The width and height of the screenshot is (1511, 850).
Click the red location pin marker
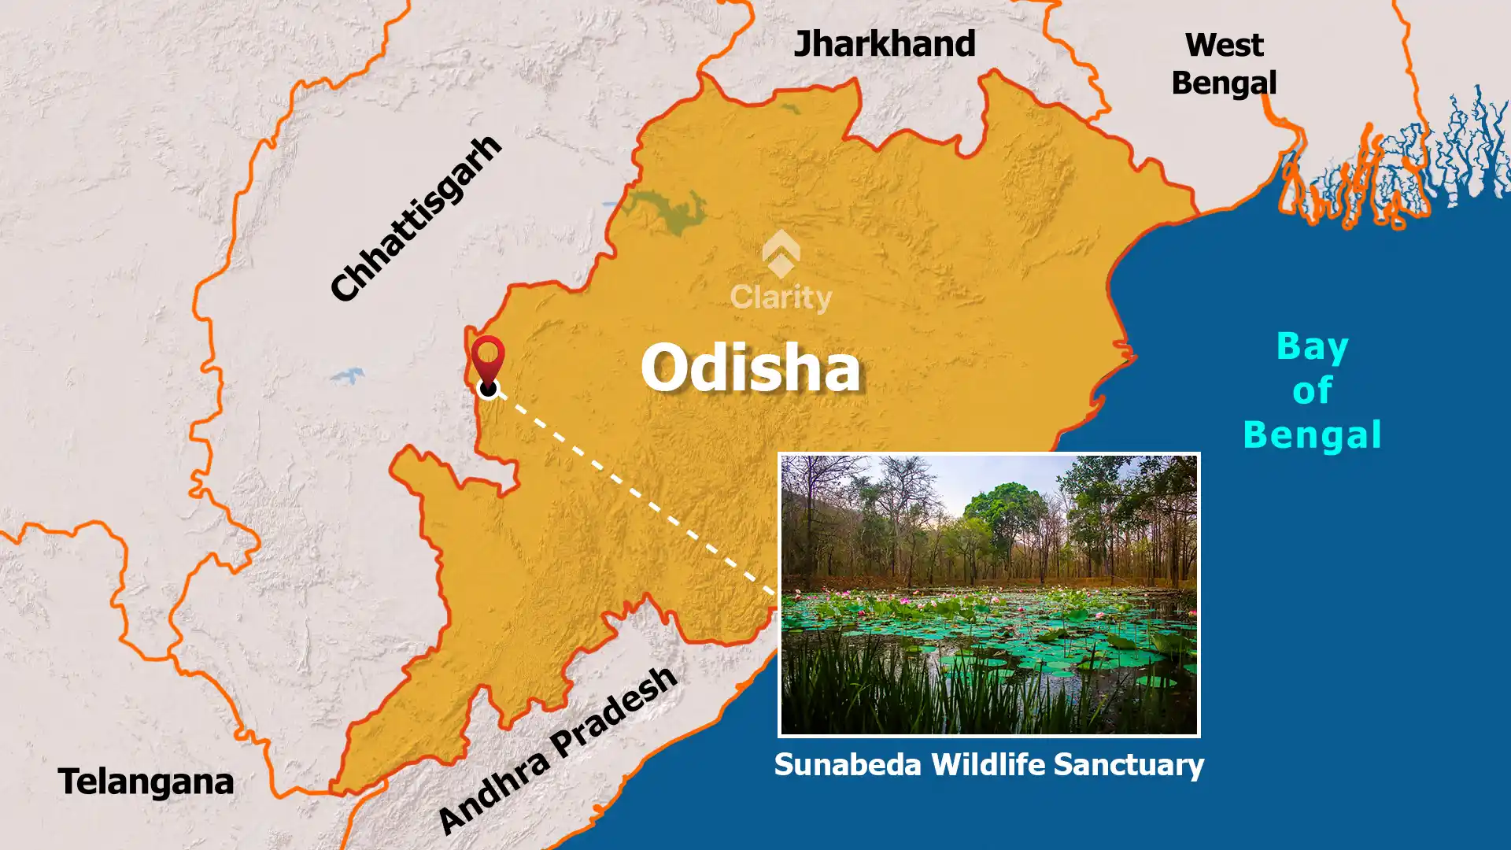488,358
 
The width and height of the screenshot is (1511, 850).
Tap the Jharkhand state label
884,44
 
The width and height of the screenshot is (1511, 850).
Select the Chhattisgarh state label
415,218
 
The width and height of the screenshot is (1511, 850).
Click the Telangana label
146,782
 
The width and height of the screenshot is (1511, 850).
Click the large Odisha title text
751,368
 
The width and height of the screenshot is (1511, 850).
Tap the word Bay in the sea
1312,346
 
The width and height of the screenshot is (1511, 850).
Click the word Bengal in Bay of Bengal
1312,434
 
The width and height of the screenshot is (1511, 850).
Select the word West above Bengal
1224,45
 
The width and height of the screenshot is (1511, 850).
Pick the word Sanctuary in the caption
1129,764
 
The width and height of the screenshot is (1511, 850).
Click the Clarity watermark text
781,297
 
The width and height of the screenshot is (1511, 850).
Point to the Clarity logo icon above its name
781,253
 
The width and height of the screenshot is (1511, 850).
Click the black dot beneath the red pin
488,387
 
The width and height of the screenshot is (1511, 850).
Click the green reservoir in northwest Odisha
669,211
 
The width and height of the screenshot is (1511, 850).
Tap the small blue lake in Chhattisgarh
347,375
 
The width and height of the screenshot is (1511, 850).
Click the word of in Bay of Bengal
1312,390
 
